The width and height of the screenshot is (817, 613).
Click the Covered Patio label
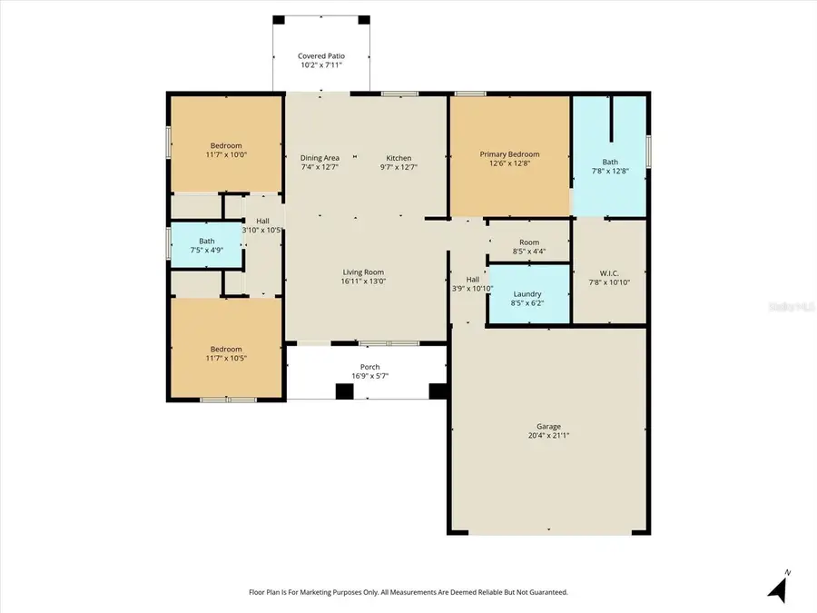coord(321,56)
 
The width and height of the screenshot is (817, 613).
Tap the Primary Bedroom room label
coord(509,154)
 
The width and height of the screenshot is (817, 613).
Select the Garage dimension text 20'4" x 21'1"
coord(548,436)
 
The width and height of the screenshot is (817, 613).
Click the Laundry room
coord(527,294)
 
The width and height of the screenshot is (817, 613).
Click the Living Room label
coord(362,272)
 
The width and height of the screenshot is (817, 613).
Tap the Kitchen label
coord(399,158)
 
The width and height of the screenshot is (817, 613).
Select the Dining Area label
coord(320,158)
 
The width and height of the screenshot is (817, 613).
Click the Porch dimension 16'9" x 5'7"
coord(365,376)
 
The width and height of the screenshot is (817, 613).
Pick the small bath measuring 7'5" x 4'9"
coord(207,246)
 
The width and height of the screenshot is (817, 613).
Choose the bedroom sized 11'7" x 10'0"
coord(226,150)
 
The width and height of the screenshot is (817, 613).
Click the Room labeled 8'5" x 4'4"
coord(529,247)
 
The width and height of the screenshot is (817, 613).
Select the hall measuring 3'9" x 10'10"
coord(472,284)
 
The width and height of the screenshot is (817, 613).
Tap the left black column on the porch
coord(344,391)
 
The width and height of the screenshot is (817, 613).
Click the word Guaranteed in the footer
coord(545,592)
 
